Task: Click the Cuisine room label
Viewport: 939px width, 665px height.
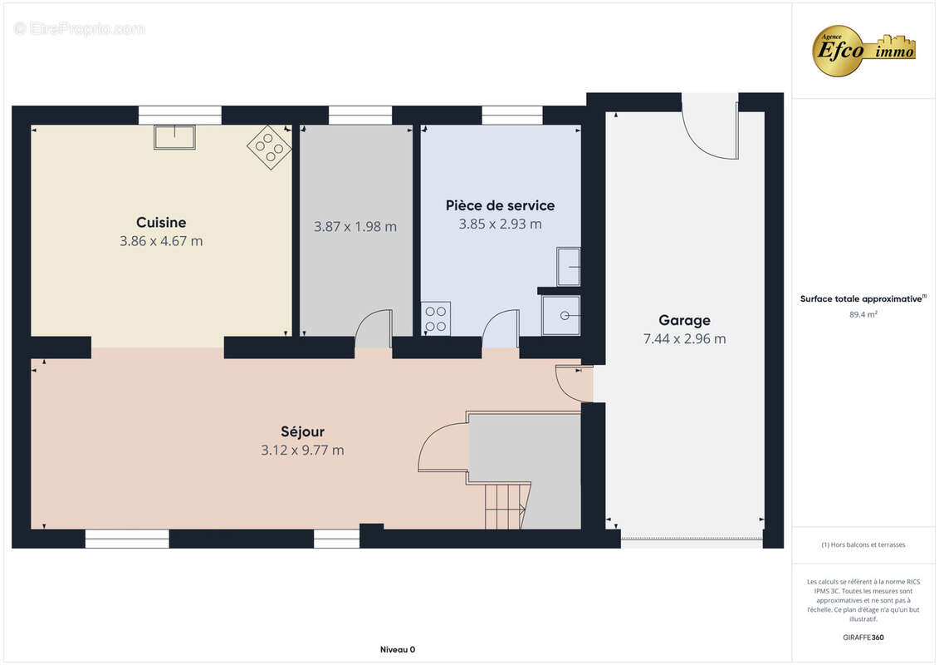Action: (161, 223)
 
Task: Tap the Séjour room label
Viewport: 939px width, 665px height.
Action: (302, 431)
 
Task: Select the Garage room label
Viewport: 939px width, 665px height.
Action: (684, 321)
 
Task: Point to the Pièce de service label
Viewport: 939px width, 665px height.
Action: (500, 205)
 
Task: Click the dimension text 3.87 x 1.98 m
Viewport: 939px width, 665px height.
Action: (355, 227)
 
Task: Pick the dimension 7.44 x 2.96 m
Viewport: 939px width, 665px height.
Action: (684, 339)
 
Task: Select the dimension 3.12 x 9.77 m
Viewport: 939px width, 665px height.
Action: (302, 451)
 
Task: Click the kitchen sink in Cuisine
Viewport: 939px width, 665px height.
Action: (174, 136)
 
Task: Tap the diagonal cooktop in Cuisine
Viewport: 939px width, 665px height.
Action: (270, 147)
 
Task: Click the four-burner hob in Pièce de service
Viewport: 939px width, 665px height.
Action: (435, 318)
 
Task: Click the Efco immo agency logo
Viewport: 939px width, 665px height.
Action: (863, 51)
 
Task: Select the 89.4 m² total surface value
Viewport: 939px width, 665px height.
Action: (863, 314)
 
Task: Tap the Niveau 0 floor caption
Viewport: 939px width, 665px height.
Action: (398, 649)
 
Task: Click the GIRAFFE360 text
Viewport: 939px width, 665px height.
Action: (863, 638)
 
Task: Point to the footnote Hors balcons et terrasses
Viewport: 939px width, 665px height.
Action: (863, 544)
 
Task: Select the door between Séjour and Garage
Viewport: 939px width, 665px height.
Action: (573, 383)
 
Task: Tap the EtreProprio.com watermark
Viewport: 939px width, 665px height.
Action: (79, 28)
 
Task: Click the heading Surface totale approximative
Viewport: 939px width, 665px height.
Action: (863, 298)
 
